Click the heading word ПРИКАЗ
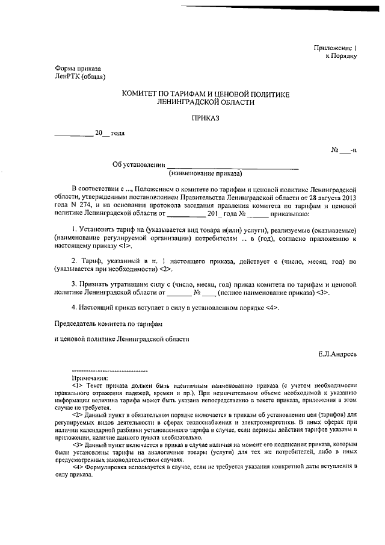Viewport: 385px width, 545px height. pyautogui.click(x=206, y=118)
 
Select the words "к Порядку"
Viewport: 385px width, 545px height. pyautogui.click(x=342, y=56)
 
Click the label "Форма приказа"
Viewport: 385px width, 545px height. pyautogui.click(x=78, y=69)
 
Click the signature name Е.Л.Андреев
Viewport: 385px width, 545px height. pyautogui.click(x=337, y=354)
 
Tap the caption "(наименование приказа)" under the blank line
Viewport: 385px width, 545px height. pyautogui.click(x=206, y=174)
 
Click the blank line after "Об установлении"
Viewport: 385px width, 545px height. pyautogui.click(x=232, y=166)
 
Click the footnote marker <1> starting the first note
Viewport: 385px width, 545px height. pyautogui.click(x=77, y=385)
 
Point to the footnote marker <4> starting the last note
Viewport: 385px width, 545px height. pyautogui.click(x=77, y=467)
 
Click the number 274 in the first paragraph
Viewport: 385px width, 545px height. pyautogui.click(x=83, y=205)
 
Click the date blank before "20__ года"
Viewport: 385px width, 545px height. pyautogui.click(x=73, y=134)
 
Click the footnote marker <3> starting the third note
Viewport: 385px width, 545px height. pyautogui.click(x=77, y=443)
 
